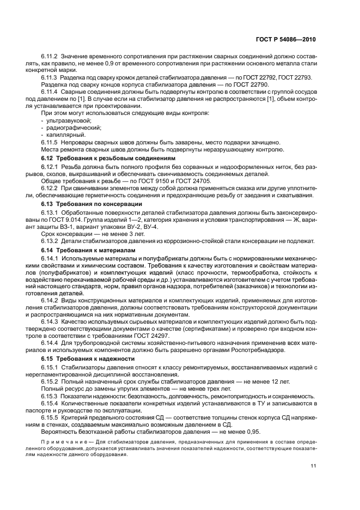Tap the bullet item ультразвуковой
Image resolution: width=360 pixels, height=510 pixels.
(x=68, y=119)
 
